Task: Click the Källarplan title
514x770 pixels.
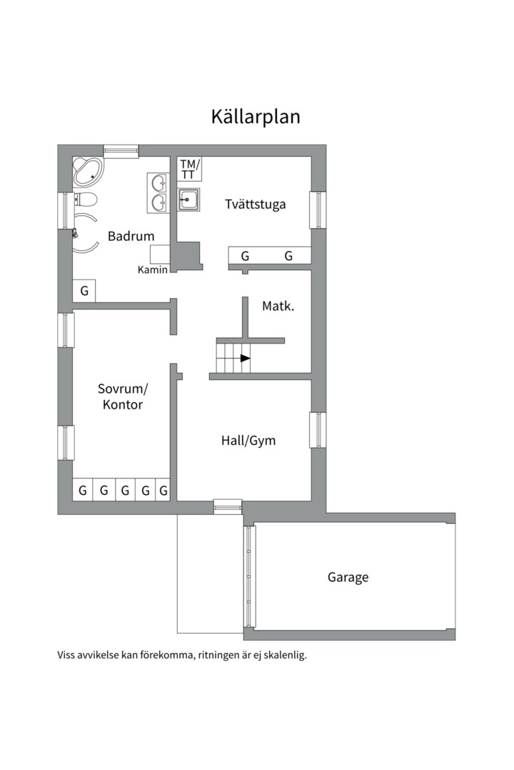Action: pos(256,117)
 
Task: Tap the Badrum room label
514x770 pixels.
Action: pos(131,236)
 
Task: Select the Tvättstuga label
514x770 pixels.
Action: pos(256,205)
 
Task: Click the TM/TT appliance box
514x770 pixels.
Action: pos(189,169)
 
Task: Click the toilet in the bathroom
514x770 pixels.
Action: pos(85,200)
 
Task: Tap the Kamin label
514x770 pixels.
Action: pos(153,269)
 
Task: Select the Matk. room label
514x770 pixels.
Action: pos(278,307)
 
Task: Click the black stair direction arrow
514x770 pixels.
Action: pos(245,359)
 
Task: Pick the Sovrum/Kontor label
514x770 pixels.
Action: pos(123,397)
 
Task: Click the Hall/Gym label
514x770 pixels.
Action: pos(248,441)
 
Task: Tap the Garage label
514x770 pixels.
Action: pos(348,577)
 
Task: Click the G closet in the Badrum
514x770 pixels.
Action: pos(84,291)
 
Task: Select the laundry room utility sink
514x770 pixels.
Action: pos(188,200)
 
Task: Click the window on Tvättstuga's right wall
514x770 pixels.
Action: pos(318,210)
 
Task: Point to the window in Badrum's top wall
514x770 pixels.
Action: pos(121,150)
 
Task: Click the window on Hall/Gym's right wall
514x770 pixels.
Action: pos(318,430)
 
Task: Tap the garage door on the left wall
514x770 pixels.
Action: pos(250,577)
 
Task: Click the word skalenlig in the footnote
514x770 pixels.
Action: pos(285,655)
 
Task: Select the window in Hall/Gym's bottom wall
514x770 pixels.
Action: pos(228,507)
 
